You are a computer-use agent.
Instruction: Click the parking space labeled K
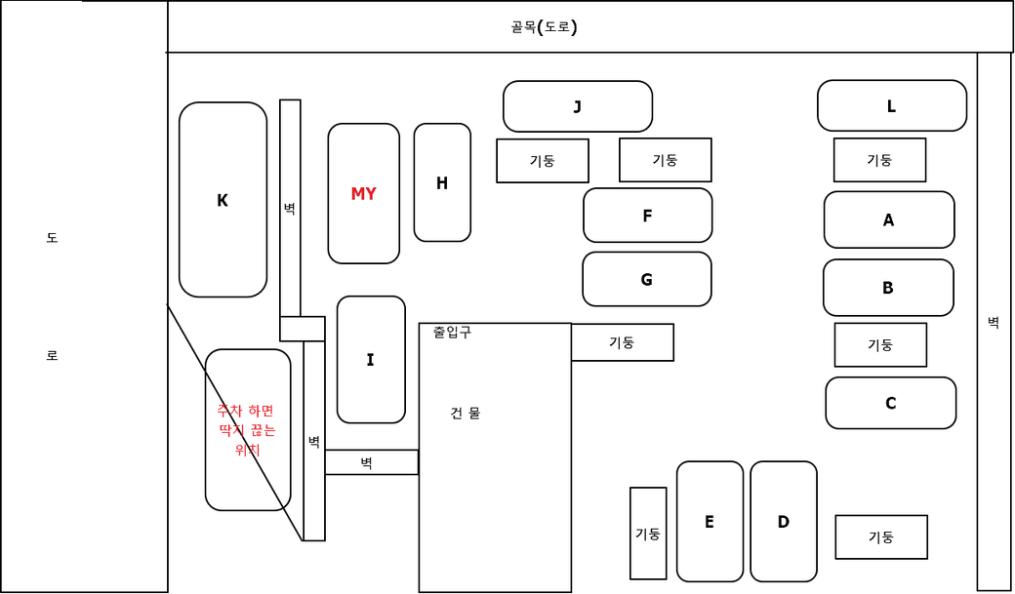tap(223, 200)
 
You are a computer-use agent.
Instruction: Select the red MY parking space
tap(363, 193)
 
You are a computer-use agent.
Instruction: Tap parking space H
tap(442, 182)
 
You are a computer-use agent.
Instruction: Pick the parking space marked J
tap(578, 106)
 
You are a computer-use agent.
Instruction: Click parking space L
tap(892, 106)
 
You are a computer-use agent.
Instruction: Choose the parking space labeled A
tap(889, 219)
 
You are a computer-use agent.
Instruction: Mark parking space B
tap(888, 288)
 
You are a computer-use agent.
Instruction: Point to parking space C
tap(890, 403)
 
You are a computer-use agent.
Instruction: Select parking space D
tap(784, 522)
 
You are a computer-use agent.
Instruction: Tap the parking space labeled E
tap(710, 522)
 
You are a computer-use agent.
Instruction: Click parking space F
tap(647, 216)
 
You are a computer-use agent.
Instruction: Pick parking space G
tap(646, 279)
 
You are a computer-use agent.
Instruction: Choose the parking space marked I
tap(371, 360)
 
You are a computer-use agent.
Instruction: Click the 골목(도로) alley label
tap(544, 26)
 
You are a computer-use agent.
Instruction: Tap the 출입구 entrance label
tap(452, 332)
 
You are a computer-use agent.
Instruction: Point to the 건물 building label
tap(465, 413)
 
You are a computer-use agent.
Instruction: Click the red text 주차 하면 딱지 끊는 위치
tap(247, 430)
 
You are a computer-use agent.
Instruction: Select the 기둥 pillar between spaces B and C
tap(880, 345)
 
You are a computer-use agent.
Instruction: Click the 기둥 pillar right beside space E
tap(648, 534)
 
